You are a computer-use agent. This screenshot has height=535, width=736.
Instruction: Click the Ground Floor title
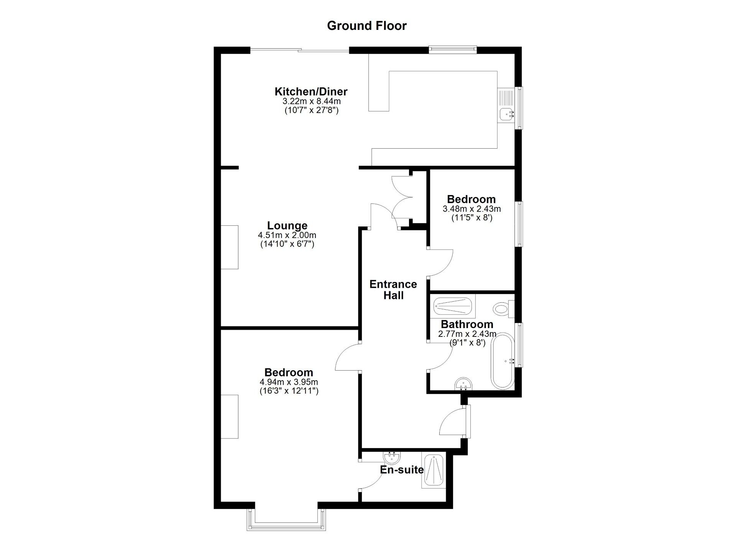pos(366,26)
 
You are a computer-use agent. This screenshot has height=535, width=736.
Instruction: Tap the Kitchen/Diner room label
pos(311,92)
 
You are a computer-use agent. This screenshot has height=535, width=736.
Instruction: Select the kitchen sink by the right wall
pos(507,113)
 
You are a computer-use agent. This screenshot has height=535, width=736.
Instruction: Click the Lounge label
pos(287,225)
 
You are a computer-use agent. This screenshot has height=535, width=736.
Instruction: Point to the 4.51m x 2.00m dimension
pos(287,235)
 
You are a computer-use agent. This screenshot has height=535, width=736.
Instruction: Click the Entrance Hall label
pos(393,290)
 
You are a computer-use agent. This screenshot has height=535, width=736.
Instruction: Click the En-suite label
pos(402,469)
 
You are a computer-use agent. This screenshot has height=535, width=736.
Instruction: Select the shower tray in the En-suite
pos(433,471)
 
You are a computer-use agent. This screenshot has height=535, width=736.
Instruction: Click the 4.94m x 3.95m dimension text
pos(289,382)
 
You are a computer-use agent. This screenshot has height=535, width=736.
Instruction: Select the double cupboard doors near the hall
pos(402,197)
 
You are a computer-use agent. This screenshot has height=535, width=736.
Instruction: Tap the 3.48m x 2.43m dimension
pos(472,209)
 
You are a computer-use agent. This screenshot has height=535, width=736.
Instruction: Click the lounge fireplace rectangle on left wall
pos(230,247)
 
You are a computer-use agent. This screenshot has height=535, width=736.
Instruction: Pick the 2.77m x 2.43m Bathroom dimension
pos(467,334)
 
